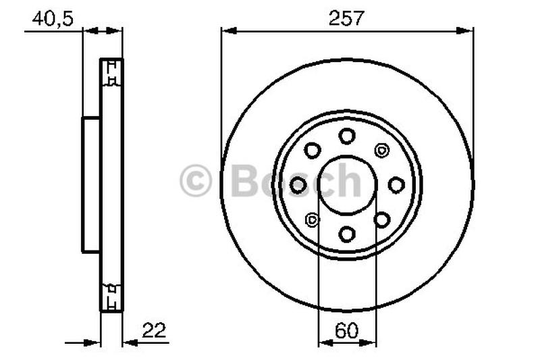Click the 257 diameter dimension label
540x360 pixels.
pos(346,18)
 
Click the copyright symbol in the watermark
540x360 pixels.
pos(196,182)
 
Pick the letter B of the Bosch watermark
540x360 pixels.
pos(246,182)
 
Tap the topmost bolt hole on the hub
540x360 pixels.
pos(347,136)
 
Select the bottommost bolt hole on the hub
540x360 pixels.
pos(347,234)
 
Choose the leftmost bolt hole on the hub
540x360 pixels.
pos(298,184)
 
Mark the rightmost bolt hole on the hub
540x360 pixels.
pos(396,184)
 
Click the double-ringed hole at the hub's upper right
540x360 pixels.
pos(381,150)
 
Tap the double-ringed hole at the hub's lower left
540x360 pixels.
pos(313,219)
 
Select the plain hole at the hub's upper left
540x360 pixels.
pos(313,150)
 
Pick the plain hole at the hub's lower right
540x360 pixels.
pos(381,219)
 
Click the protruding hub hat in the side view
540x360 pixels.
pos(91,184)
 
